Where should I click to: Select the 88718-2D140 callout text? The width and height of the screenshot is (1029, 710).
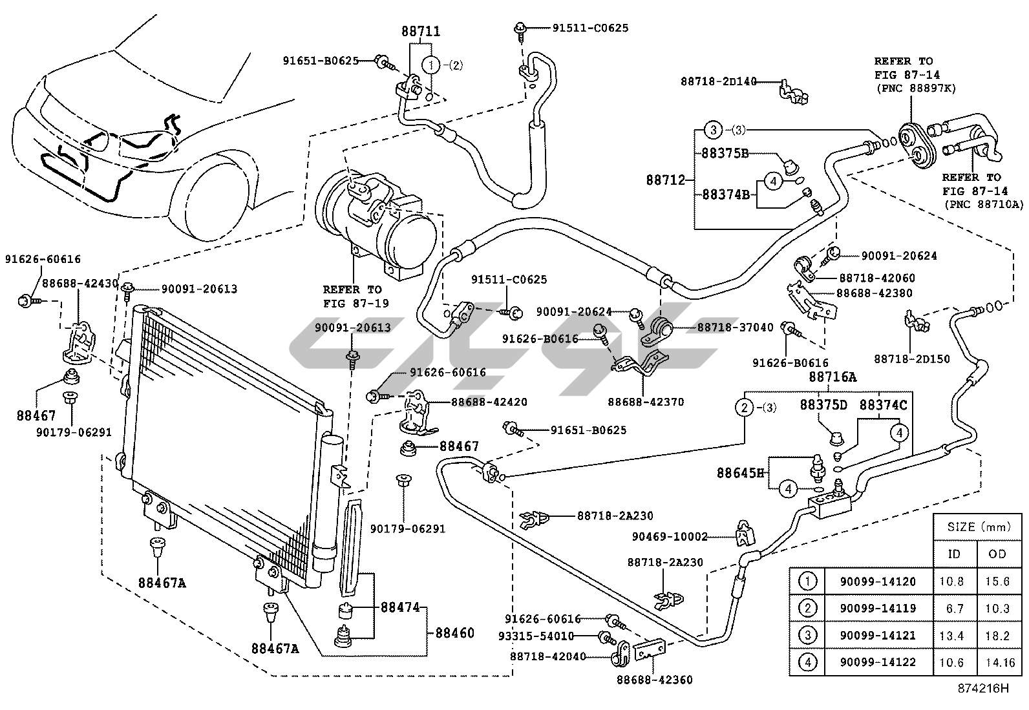click(x=718, y=81)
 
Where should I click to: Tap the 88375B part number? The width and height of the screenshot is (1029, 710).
click(x=725, y=154)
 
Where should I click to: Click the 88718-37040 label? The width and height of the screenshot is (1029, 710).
click(x=735, y=328)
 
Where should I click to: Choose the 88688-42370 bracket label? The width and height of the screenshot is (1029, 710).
click(x=645, y=402)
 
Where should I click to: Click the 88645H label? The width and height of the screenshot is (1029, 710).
click(x=740, y=473)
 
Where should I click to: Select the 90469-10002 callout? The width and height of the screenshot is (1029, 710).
click(x=670, y=536)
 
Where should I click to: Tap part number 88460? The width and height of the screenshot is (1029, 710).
click(x=454, y=633)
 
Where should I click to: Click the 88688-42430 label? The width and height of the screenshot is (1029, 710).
click(x=80, y=283)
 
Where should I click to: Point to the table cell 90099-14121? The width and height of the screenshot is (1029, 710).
click(x=878, y=636)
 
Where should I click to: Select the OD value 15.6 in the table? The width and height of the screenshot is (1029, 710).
click(x=997, y=581)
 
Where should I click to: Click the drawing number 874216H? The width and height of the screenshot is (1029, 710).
click(x=983, y=687)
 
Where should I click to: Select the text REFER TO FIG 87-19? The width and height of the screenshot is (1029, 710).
click(x=352, y=297)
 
